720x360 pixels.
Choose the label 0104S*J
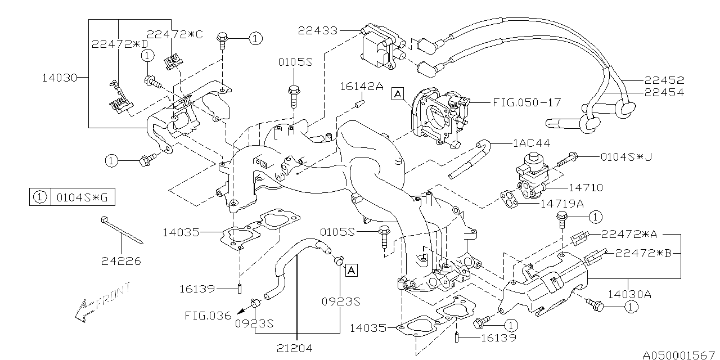click(x=625, y=157)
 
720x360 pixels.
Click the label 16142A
click(x=361, y=86)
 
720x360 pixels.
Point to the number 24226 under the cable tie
click(x=120, y=261)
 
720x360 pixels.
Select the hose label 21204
click(x=294, y=349)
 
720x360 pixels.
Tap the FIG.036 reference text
click(x=208, y=316)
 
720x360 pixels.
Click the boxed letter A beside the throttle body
click(x=398, y=94)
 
